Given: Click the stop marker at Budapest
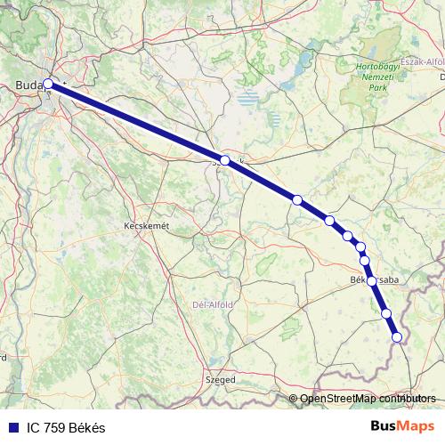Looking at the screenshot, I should pyautogui.click(x=48, y=85).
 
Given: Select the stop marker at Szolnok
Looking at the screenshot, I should pyautogui.click(x=225, y=160).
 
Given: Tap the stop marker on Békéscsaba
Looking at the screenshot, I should pyautogui.click(x=371, y=280).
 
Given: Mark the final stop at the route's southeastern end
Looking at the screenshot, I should pyautogui.click(x=397, y=336).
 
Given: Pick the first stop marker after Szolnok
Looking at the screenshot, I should pyautogui.click(x=297, y=199).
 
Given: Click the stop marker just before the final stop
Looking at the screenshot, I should pyautogui.click(x=386, y=312).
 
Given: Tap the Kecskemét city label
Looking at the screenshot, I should pyautogui.click(x=146, y=227).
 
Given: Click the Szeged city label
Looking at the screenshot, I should pyautogui.click(x=221, y=379).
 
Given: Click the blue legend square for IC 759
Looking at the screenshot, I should pyautogui.click(x=10, y=428).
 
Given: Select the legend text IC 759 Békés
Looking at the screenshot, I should pyautogui.click(x=63, y=428).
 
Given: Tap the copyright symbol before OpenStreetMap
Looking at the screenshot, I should pyautogui.click(x=294, y=398).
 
